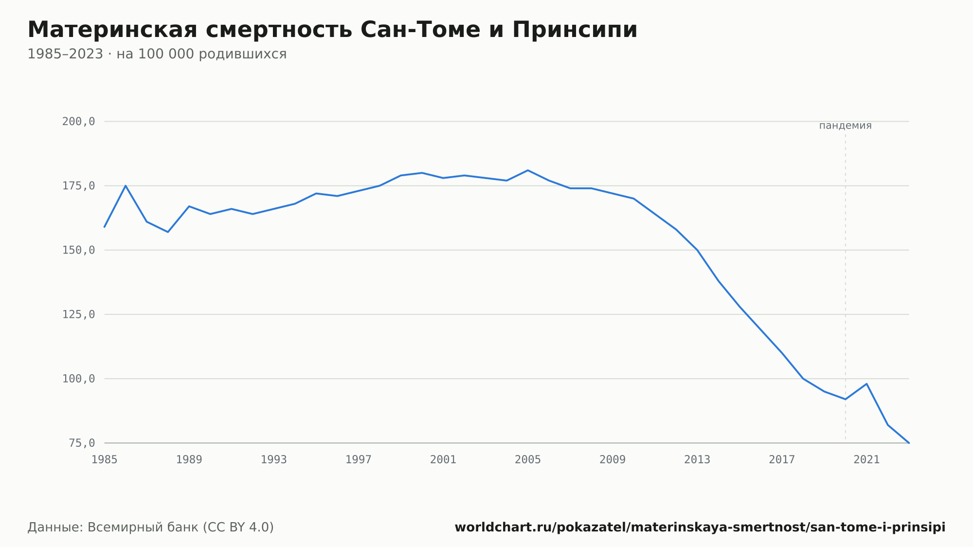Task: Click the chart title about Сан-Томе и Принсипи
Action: pos(332,30)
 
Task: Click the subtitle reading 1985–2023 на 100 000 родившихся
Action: pos(157,54)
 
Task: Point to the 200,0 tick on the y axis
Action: pos(78,122)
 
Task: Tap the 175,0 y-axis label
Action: pos(78,186)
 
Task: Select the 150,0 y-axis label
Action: pos(78,250)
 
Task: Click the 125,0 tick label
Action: pos(78,314)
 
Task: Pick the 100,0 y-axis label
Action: pos(78,379)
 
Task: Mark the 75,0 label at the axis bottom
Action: pos(82,443)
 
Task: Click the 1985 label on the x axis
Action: pos(105,460)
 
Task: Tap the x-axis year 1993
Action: pos(274,460)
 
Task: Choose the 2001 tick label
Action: pos(443,460)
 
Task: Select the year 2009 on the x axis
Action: pos(613,460)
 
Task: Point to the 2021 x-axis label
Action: pos(866,460)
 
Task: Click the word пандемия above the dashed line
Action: pos(845,126)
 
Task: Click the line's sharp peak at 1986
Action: pos(126,185)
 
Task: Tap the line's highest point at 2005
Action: pos(528,170)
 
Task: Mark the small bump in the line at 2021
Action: pos(866,384)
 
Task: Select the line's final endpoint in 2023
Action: pos(909,443)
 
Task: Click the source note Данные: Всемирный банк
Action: pos(151,528)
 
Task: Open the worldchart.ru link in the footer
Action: pos(700,528)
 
